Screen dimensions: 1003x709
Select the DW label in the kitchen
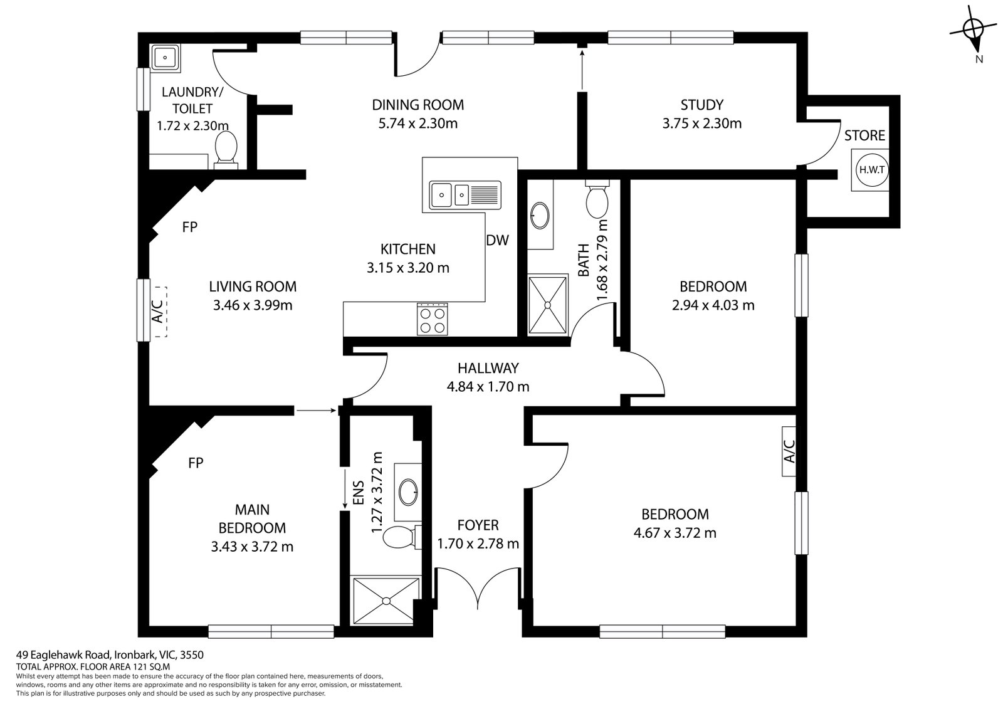(x=498, y=241)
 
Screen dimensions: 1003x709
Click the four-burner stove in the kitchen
(x=432, y=319)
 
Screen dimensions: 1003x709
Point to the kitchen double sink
(x=465, y=195)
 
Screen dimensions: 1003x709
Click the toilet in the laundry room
(x=226, y=150)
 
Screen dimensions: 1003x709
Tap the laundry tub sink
(x=165, y=58)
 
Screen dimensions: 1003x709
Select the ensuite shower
(x=386, y=601)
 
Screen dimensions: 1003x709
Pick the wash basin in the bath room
(x=540, y=216)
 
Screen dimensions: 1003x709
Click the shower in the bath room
(x=548, y=305)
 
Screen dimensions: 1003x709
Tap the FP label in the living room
(x=189, y=228)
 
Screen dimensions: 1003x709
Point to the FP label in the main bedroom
(x=196, y=463)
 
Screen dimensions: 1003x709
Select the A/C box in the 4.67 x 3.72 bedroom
(x=789, y=451)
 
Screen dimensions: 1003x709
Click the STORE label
(x=864, y=135)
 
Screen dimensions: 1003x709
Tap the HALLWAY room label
(x=488, y=368)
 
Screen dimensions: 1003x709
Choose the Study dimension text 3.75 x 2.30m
(x=701, y=123)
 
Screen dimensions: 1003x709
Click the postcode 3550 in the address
(x=192, y=655)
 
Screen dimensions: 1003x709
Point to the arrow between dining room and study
(x=582, y=70)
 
